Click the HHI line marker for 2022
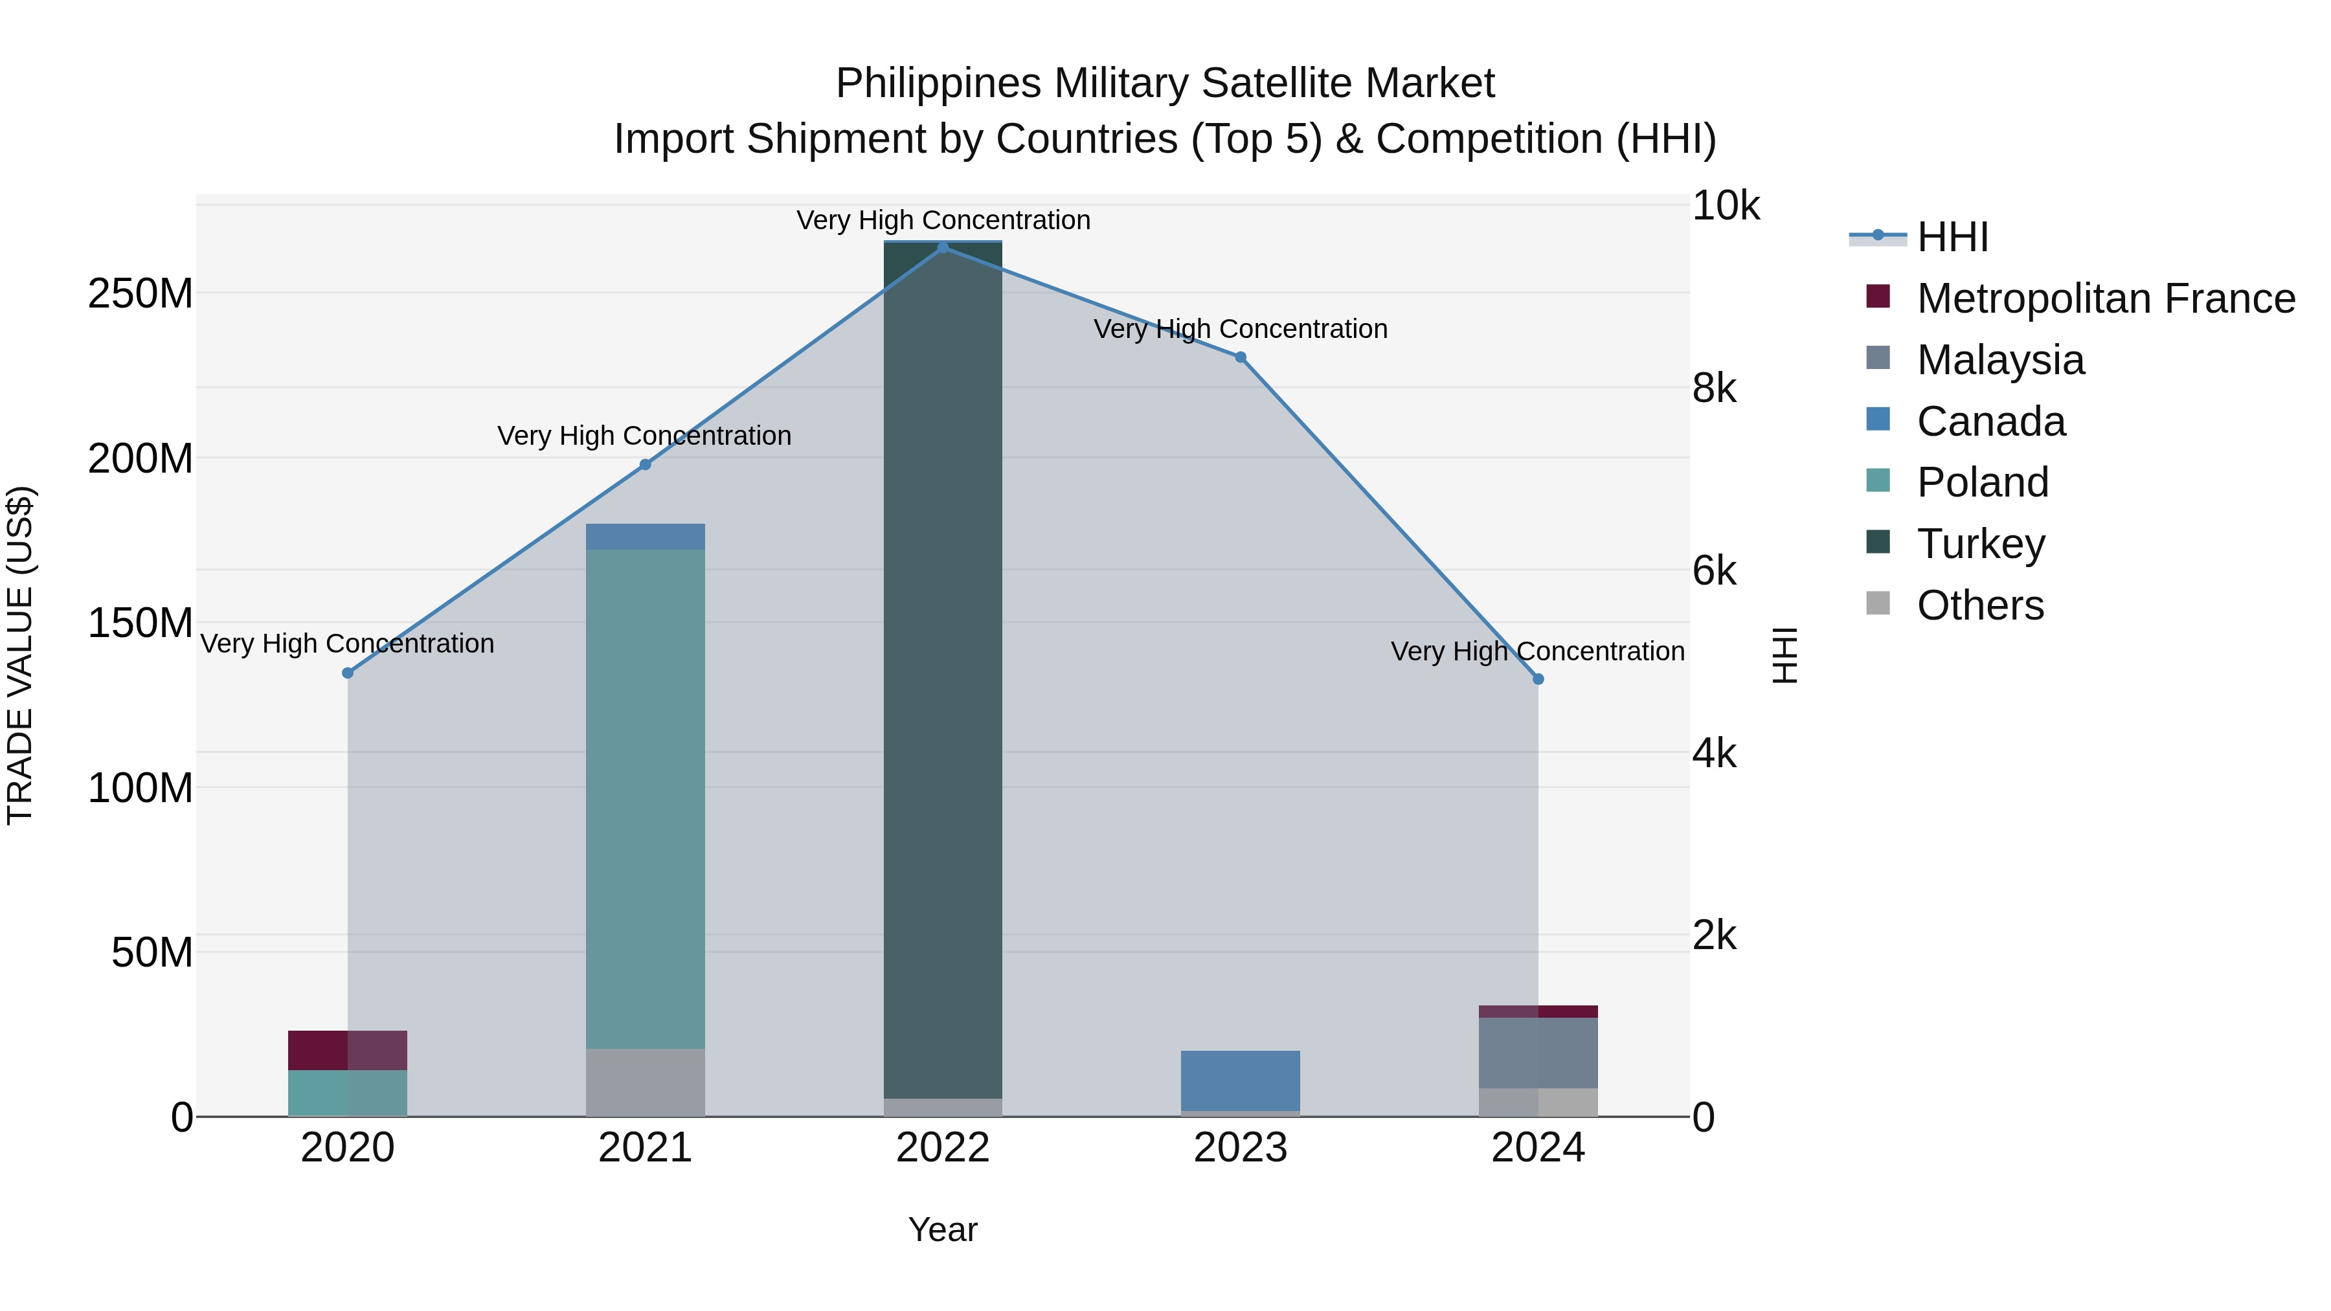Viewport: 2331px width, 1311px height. (943, 247)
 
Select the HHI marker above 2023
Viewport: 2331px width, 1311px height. (1241, 357)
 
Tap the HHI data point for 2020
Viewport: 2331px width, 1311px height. (348, 673)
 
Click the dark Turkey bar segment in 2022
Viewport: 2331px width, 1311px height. (943, 669)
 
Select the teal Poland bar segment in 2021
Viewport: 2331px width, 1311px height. (645, 796)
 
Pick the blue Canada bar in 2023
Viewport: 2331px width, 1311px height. (1241, 1081)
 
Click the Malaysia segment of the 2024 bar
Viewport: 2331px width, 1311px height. (1538, 1052)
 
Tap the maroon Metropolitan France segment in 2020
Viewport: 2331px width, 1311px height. (348, 1049)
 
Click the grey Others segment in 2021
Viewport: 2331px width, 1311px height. (645, 1082)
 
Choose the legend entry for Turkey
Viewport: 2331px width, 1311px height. (1980, 544)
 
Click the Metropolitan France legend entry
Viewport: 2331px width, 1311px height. (2105, 298)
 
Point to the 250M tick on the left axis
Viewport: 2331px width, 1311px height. (141, 294)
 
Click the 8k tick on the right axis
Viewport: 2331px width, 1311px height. (1714, 388)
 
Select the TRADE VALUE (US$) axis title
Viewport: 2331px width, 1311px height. (20, 655)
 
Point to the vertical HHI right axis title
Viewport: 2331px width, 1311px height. (1785, 655)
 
